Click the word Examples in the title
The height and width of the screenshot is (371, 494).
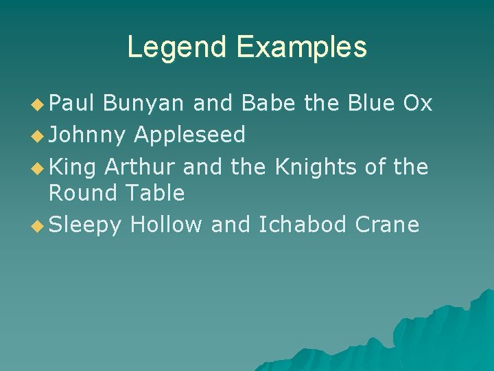coord(303,47)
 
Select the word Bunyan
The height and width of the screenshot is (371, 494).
coord(143,104)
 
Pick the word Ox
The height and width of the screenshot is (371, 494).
coord(418,103)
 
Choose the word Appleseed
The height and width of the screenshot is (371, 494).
coord(189,135)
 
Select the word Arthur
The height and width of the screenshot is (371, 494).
coord(141,166)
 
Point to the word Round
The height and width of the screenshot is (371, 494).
coord(84,194)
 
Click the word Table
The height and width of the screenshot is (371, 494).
coord(155,194)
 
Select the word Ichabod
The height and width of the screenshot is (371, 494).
coord(303,225)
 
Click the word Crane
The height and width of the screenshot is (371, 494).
coord(388,225)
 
